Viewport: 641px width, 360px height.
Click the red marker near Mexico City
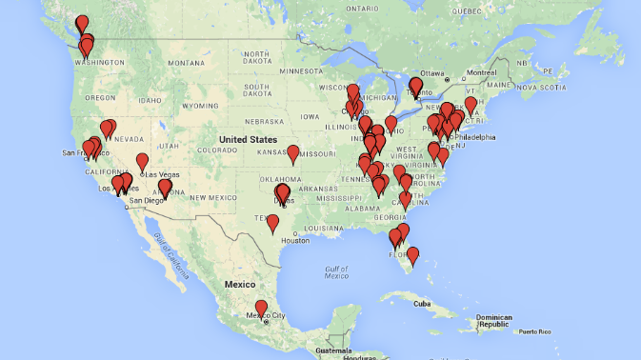tap(261, 308)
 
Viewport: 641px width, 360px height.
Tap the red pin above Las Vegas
tap(142, 161)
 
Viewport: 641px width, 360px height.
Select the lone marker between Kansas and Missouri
tap(293, 152)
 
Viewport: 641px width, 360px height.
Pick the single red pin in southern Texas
tap(272, 223)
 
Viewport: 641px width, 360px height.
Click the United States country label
tap(244, 139)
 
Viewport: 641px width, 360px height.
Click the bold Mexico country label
tap(240, 284)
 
